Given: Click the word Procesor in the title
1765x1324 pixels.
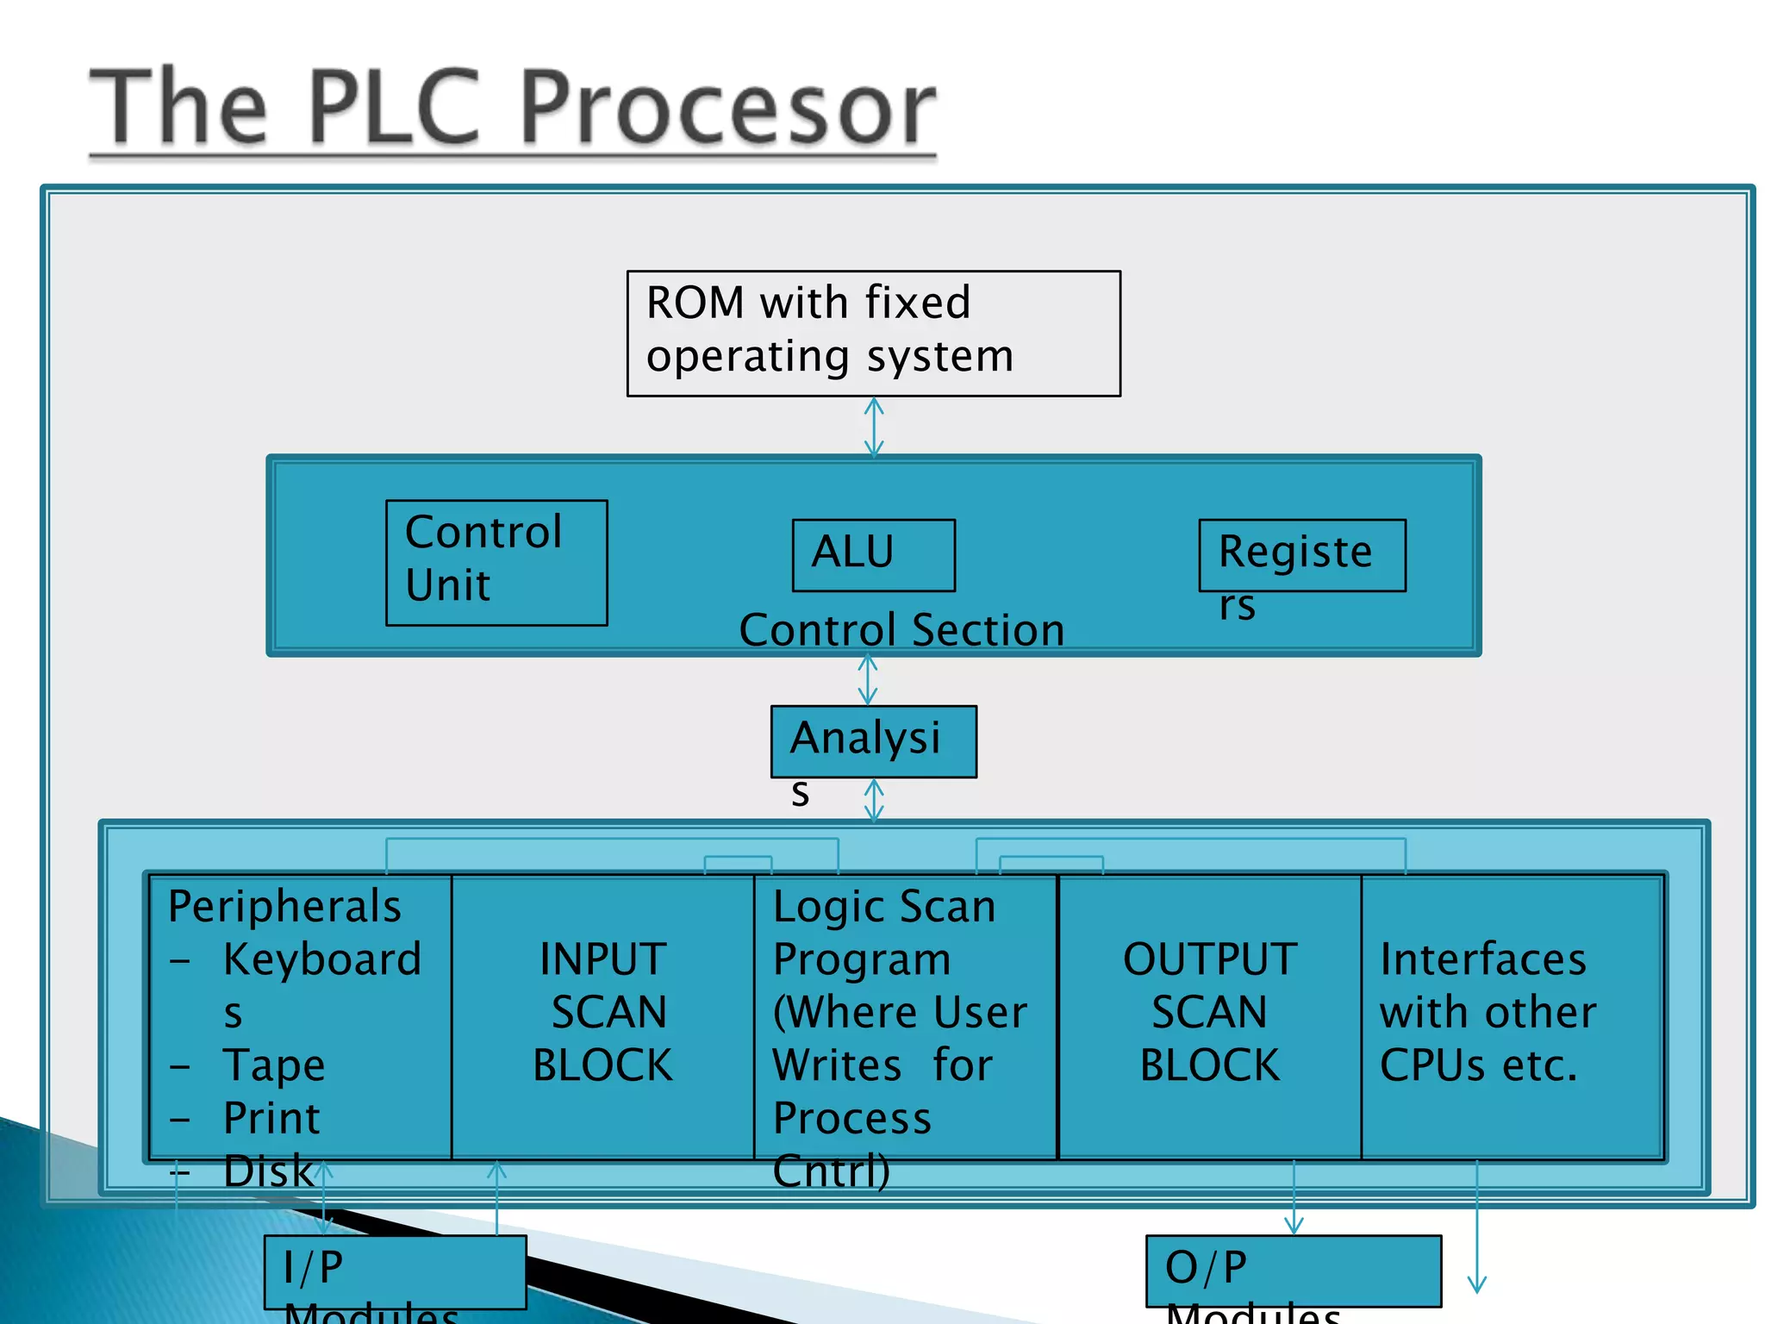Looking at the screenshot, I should pyautogui.click(x=728, y=108).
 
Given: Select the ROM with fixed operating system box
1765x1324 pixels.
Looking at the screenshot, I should pyautogui.click(x=873, y=334).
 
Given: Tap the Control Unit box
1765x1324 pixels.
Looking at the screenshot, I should pyautogui.click(x=496, y=562).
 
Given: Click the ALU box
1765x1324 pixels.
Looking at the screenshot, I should pyautogui.click(x=873, y=554).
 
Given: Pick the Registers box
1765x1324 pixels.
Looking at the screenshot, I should pyautogui.click(x=1301, y=556).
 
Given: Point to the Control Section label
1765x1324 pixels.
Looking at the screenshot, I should pyautogui.click(x=901, y=630).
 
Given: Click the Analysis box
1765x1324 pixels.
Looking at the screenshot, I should pyautogui.click(x=873, y=740).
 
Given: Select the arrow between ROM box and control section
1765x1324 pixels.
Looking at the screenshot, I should pyautogui.click(x=874, y=427).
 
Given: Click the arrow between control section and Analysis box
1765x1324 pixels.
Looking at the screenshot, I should pyautogui.click(x=868, y=680).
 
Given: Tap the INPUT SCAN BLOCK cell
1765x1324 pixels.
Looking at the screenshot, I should pyautogui.click(x=602, y=1013).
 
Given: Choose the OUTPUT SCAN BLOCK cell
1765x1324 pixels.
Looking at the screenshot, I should pyautogui.click(x=1209, y=1013).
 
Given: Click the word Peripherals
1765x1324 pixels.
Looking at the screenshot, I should pyautogui.click(x=284, y=907).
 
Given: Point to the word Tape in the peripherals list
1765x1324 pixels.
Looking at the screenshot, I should pyautogui.click(x=274, y=1065).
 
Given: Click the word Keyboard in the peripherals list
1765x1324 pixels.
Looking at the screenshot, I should pyautogui.click(x=322, y=959).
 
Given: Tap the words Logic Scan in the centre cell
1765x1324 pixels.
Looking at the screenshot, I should pyautogui.click(x=883, y=907).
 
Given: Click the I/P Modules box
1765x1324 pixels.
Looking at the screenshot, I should pyautogui.click(x=395, y=1271).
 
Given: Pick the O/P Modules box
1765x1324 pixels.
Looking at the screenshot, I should pyautogui.click(x=1293, y=1271).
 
